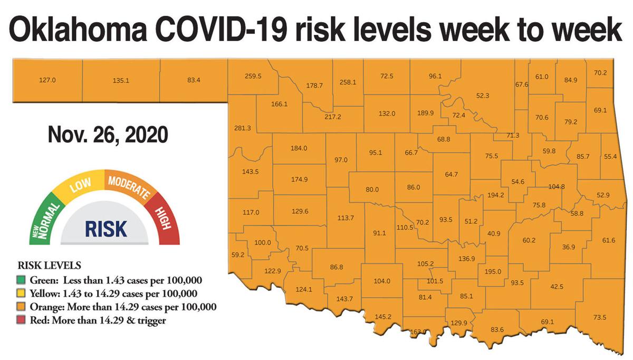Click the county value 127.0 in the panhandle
[47, 81]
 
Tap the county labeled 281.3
[242, 128]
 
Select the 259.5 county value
[253, 76]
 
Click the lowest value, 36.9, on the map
[569, 247]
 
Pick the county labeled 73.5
[600, 317]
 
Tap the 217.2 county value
[333, 117]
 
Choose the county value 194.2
[496, 195]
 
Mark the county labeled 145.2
[382, 317]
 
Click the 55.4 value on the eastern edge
[610, 157]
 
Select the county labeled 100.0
[262, 243]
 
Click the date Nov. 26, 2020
[108, 135]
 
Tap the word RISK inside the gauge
[106, 229]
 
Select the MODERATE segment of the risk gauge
[128, 185]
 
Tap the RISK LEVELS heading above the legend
[50, 265]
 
